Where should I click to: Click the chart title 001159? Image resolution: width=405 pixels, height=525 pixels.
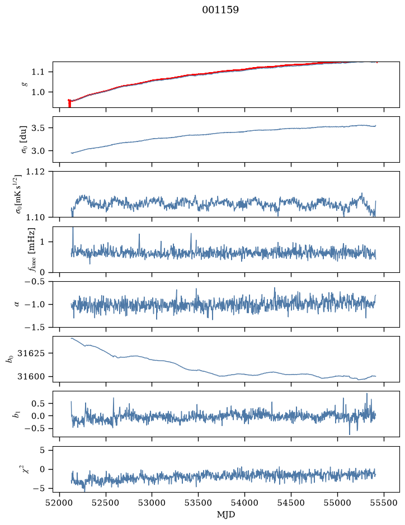(220, 10)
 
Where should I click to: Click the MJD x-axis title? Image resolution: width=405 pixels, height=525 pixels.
(226, 514)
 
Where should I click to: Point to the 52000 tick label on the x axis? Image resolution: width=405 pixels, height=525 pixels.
(60, 503)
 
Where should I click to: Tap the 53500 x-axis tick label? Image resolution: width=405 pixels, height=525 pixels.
(199, 503)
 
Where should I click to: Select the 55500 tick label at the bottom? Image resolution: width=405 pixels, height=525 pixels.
(384, 503)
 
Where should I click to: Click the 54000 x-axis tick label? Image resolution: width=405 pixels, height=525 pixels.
(244, 503)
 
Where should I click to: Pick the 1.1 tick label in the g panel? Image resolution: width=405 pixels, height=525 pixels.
(38, 72)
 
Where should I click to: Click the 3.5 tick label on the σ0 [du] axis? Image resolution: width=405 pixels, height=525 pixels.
(38, 128)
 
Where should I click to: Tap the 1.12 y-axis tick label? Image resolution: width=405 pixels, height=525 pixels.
(35, 172)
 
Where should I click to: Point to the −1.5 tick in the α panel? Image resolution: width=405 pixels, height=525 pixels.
(35, 327)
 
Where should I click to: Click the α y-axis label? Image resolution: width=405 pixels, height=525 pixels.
(17, 304)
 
